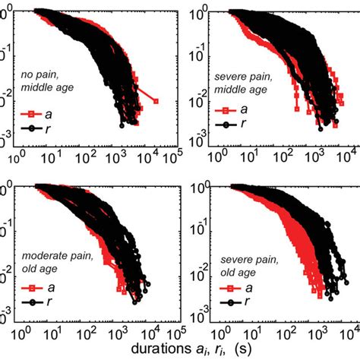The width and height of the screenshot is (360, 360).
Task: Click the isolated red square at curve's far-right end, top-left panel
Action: tap(155, 100)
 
